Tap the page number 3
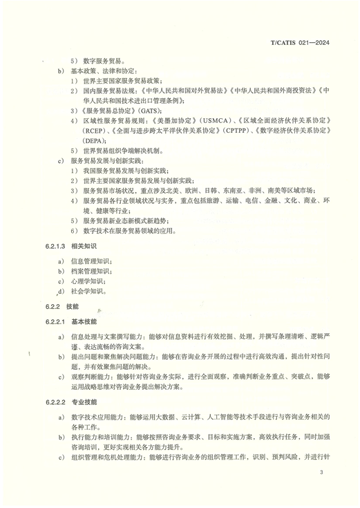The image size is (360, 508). [321, 472]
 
